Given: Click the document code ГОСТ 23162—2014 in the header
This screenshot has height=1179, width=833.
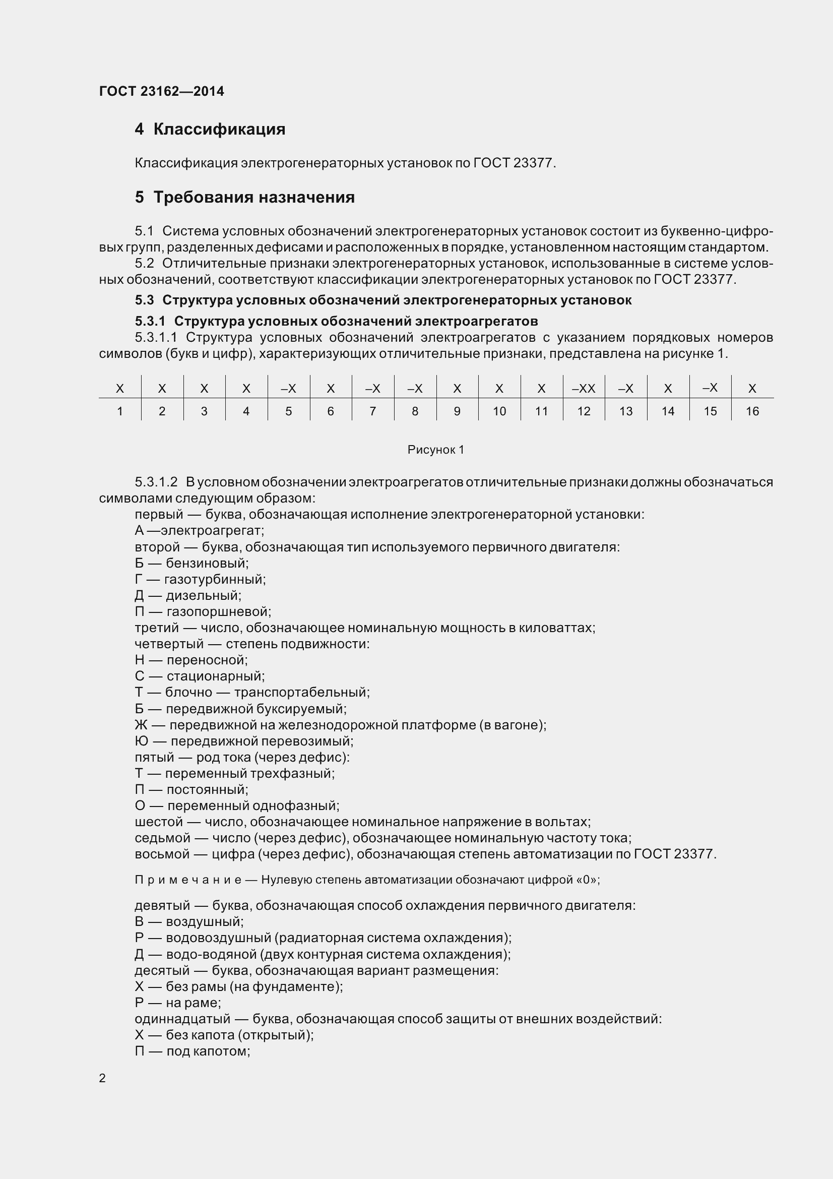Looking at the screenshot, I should pos(162,91).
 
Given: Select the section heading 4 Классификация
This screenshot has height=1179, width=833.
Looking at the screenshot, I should pos(210,129).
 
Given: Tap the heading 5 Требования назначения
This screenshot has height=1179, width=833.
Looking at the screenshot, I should pos(245,197).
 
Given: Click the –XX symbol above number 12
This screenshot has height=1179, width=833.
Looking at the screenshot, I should pos(584,389).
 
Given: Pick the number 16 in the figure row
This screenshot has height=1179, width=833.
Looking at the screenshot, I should pos(752,411).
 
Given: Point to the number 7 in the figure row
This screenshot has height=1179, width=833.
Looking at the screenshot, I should pos(372,411).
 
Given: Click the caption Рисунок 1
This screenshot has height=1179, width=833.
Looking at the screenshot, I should pos(436,450).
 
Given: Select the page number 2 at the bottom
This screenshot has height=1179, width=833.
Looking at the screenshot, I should pos(102,1078).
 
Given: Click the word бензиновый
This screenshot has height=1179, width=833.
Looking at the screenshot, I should pos(207,564).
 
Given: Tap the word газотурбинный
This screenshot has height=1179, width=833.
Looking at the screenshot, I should pos(215,579).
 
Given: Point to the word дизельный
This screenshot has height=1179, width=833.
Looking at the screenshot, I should pos(203,596).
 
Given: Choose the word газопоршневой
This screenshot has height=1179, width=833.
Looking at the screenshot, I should pos(219,611).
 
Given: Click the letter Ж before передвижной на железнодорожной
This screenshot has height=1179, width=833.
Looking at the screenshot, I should pos(141,725).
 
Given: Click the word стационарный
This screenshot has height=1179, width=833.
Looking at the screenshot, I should pos(216,676).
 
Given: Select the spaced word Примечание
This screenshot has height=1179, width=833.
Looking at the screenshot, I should pos(188,880).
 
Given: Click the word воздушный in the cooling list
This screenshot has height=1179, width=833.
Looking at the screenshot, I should pos(204,922).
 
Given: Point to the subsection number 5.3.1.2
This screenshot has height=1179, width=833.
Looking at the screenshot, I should pos(156,482).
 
